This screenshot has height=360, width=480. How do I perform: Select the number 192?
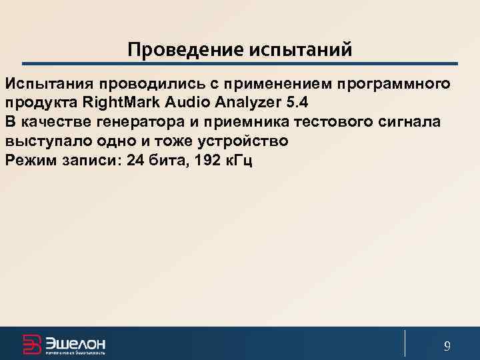coord(201,161)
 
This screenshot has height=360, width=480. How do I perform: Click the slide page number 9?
coord(447,345)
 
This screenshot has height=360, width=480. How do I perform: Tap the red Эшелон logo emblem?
coord(31,343)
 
